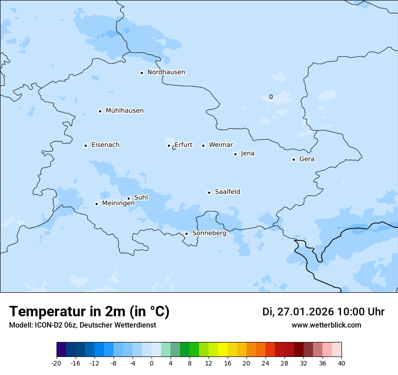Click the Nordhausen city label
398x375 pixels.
(166, 72)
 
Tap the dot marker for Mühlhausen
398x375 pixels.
(100, 111)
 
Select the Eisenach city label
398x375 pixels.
(105, 145)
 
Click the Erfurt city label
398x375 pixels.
(183, 145)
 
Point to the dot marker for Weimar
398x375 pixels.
(203, 145)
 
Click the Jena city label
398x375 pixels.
(247, 154)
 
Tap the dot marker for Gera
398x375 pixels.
(294, 159)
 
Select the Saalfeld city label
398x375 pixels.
(227, 192)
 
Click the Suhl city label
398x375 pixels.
(141, 197)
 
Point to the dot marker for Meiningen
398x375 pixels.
(96, 204)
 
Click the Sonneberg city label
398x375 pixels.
(209, 233)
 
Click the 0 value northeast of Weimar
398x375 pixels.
(271, 97)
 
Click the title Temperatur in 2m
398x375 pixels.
(89, 312)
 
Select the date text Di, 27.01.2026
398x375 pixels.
(298, 312)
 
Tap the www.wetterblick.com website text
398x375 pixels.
(326, 325)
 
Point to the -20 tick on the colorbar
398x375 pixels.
(57, 363)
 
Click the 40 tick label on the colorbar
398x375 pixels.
(341, 363)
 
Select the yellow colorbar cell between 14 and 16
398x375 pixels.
(223, 350)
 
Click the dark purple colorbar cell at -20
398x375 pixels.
(61, 350)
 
